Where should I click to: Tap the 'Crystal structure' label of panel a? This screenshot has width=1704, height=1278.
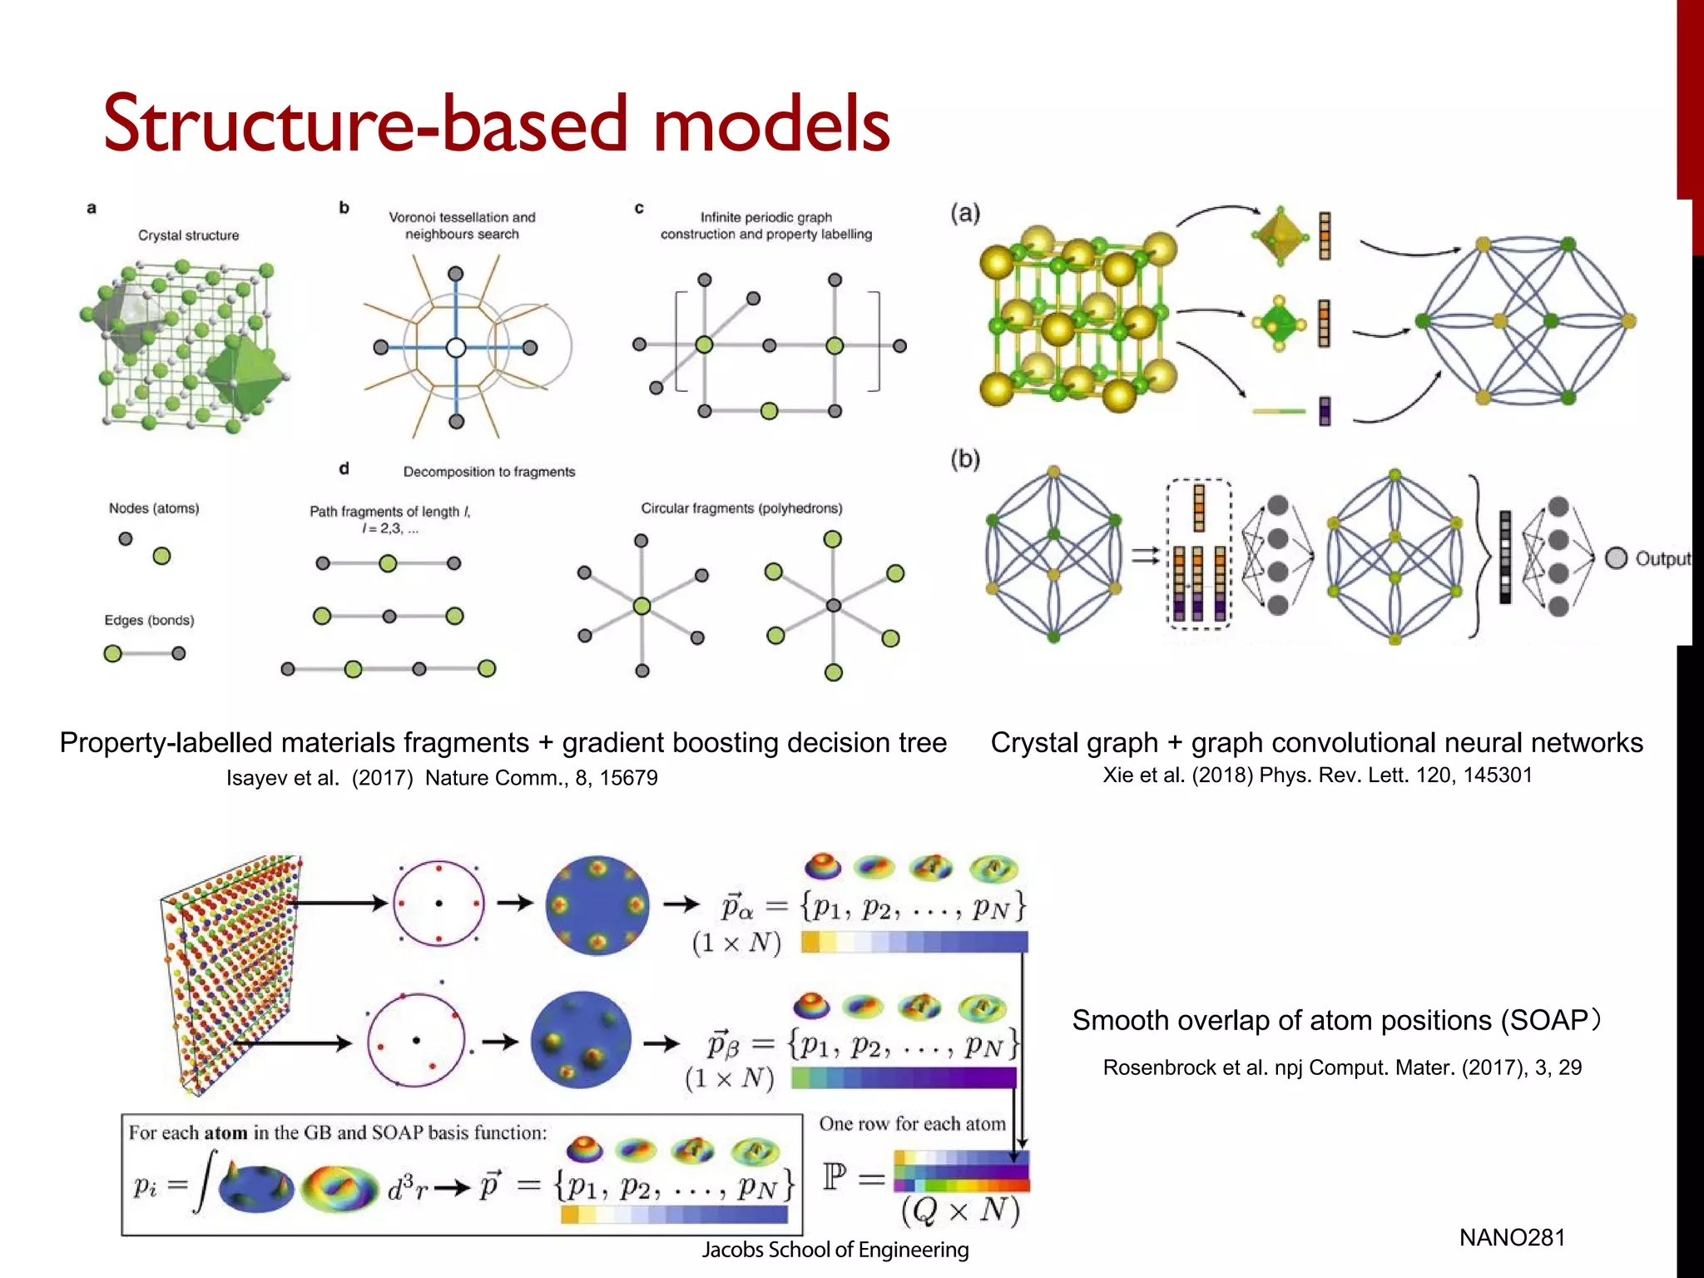point(188,235)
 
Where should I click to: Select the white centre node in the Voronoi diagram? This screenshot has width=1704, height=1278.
point(456,348)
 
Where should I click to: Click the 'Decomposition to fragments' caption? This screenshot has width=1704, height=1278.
point(489,472)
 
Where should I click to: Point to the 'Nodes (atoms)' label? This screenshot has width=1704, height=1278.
point(154,508)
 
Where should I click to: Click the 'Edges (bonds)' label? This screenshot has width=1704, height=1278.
point(149,621)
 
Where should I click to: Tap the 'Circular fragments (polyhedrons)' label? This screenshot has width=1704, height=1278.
point(741,508)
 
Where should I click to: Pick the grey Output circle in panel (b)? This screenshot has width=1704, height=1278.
point(1616,558)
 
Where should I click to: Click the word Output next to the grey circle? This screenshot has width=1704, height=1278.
point(1662,559)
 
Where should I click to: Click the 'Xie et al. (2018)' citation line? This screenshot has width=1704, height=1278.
point(1317,775)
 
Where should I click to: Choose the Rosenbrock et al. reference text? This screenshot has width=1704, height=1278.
point(1341,1067)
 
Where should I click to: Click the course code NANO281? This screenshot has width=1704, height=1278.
point(1512,1237)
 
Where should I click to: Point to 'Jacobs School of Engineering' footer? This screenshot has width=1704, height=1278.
point(835,1250)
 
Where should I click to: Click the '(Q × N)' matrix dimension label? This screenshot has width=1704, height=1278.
point(960,1211)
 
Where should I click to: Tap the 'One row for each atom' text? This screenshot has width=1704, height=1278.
point(912,1124)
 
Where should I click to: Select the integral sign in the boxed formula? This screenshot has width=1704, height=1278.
point(205,1181)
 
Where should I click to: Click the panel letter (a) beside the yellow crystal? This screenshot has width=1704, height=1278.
point(965,214)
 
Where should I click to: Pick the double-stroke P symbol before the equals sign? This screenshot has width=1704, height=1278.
point(835,1177)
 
